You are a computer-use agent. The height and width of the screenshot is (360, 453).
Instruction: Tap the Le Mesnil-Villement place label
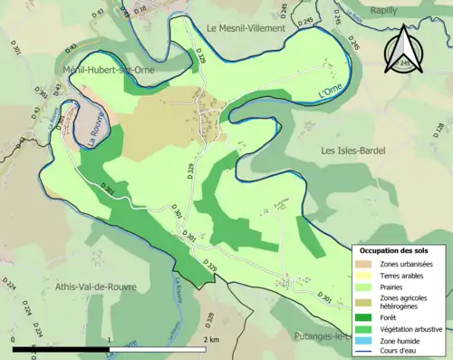pyautogui.click(x=246, y=29)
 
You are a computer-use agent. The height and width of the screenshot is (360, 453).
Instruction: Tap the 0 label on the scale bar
pyautogui.click(x=14, y=339)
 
